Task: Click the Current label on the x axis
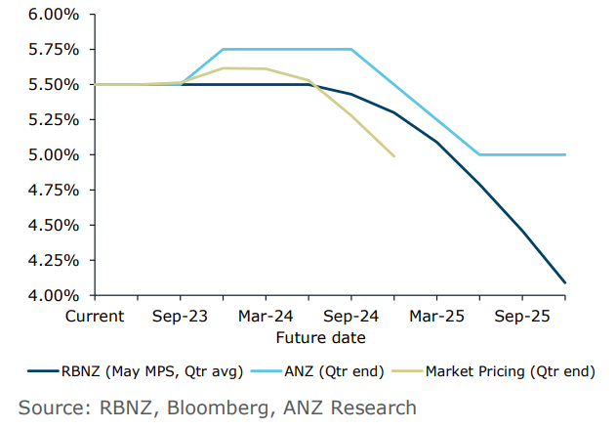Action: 95,316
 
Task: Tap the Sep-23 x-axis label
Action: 180,316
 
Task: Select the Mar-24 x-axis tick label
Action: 266,316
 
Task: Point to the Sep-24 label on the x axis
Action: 351,316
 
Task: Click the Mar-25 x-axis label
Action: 436,316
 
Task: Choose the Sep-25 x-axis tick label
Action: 522,316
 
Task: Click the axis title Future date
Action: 320,338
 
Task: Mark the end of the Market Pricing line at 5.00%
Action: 393,155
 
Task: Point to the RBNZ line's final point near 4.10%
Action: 565,282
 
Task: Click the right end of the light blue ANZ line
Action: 565,154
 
